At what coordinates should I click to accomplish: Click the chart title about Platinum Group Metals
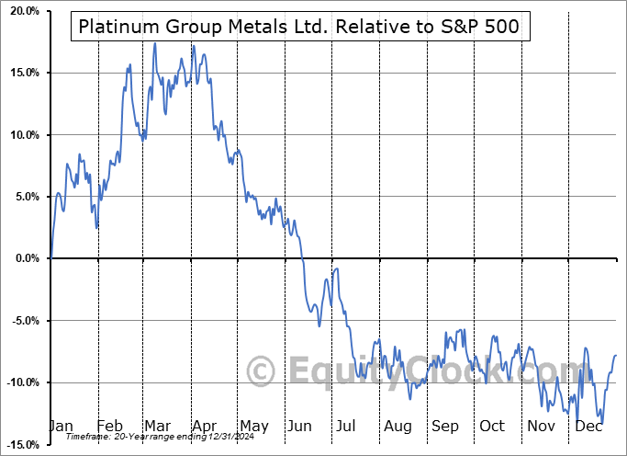(298, 28)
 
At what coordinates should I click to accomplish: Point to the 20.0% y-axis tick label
(22, 11)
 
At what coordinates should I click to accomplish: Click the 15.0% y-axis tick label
(22, 73)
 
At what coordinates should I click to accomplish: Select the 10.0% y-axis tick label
(22, 135)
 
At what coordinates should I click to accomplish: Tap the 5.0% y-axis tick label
(25, 197)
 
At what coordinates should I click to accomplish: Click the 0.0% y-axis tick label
(25, 258)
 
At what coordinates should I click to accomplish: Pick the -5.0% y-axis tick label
(23, 321)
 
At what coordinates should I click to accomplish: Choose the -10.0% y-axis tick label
(21, 382)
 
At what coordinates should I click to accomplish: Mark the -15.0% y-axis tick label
(21, 445)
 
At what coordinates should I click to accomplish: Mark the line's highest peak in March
(154, 43)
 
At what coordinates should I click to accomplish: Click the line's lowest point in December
(601, 424)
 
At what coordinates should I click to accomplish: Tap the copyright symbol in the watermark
(262, 371)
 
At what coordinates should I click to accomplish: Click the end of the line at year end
(615, 355)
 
